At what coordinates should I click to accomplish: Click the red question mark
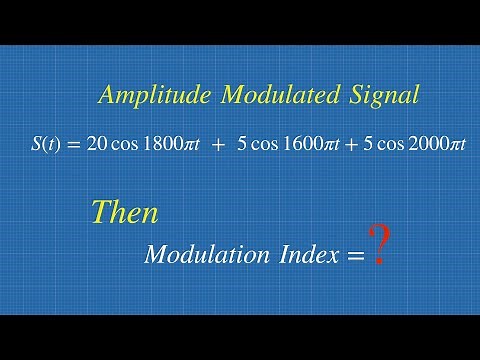[x=377, y=245]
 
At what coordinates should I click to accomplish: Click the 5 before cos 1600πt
[x=242, y=144]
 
